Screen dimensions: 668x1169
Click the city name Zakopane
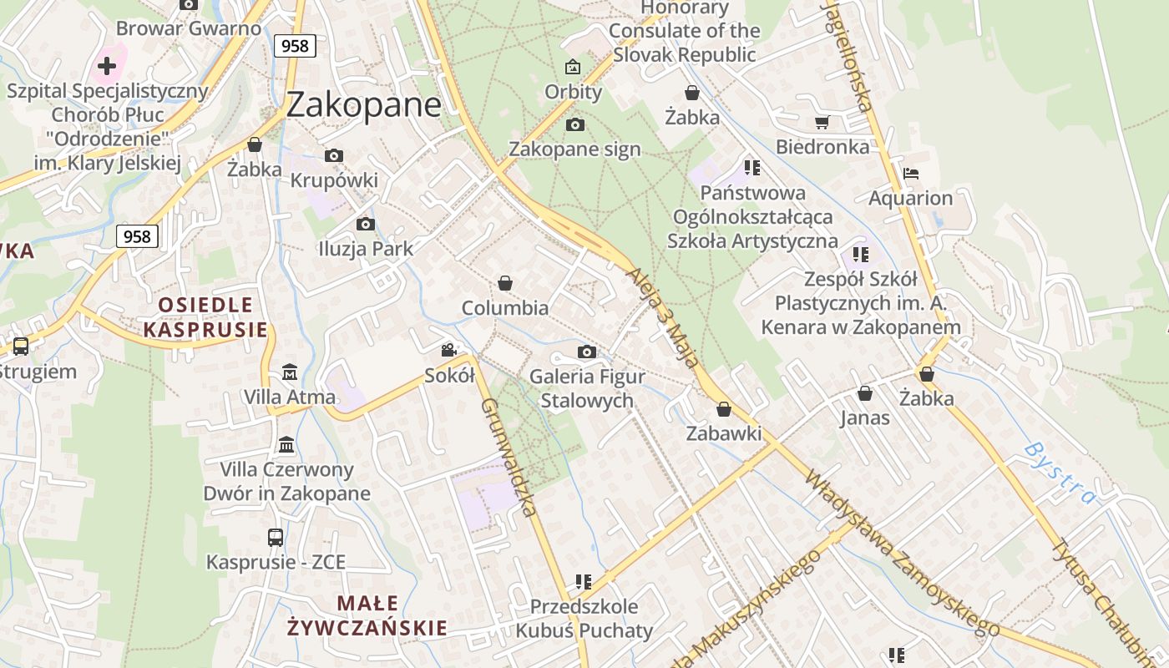click(x=363, y=104)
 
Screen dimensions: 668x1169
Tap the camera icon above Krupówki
click(x=334, y=155)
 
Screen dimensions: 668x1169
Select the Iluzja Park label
click(x=366, y=249)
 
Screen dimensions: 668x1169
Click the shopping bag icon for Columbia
click(x=504, y=284)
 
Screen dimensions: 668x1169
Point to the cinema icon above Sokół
click(x=448, y=350)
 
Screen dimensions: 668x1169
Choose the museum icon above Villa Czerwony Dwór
click(x=286, y=444)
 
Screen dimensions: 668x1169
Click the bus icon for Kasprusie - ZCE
click(x=276, y=538)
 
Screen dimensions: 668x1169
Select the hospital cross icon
click(x=107, y=65)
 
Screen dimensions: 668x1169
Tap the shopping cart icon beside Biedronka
click(x=822, y=123)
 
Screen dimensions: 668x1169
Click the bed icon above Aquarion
click(x=910, y=174)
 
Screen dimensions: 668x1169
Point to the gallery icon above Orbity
click(x=573, y=67)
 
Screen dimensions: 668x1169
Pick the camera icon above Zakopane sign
click(x=574, y=125)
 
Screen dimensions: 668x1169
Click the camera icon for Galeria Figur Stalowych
click(x=587, y=352)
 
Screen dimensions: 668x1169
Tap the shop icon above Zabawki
click(x=724, y=409)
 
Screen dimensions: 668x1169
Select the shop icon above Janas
click(x=865, y=392)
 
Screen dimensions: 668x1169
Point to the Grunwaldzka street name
click(x=508, y=457)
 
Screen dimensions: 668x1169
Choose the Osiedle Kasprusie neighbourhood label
click(x=205, y=316)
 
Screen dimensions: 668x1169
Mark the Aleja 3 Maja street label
click(x=661, y=318)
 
